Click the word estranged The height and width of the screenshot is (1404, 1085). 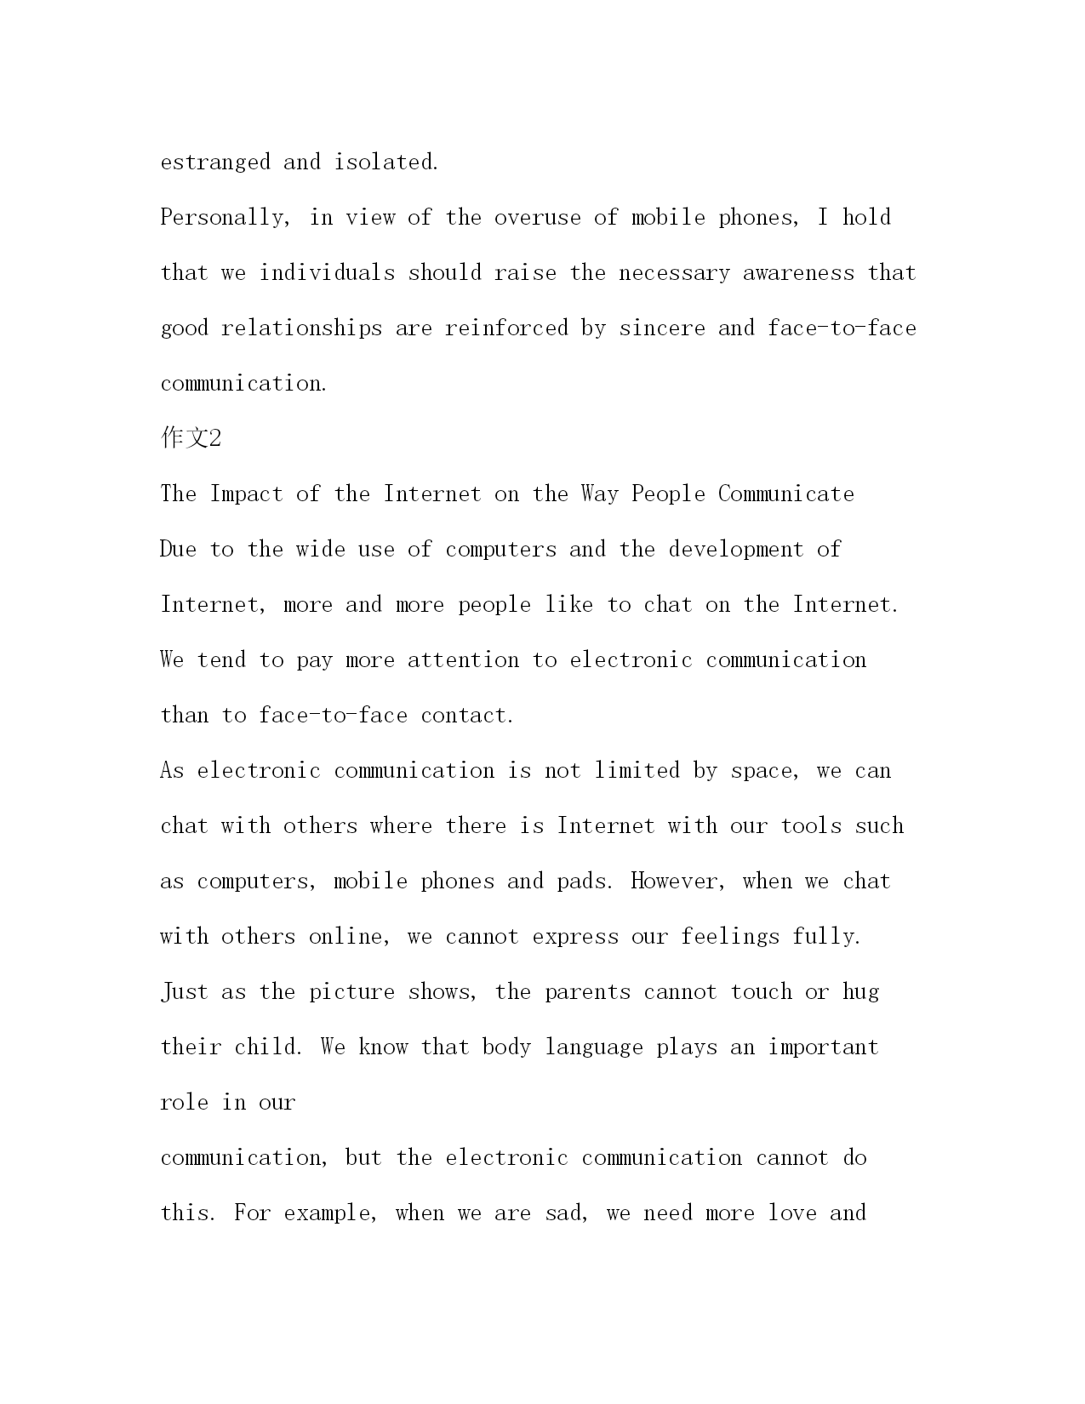click(215, 163)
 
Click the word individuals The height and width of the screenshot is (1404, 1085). click(328, 273)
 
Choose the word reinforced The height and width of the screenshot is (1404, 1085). click(506, 328)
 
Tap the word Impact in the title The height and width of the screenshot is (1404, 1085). click(247, 494)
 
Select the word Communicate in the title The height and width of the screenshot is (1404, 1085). click(786, 494)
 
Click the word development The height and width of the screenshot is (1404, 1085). click(736, 550)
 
